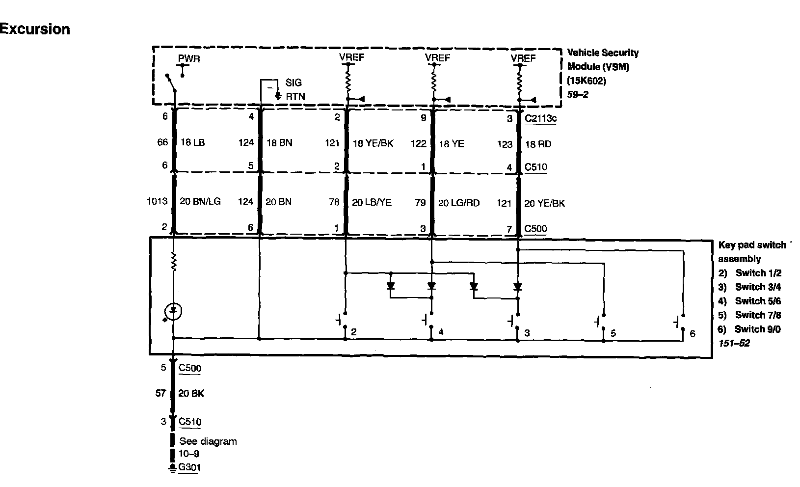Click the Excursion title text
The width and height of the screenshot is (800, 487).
coord(35,29)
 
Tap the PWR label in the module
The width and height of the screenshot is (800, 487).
coord(189,59)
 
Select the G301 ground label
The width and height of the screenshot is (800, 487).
coord(189,467)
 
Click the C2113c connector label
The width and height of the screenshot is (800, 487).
coord(540,118)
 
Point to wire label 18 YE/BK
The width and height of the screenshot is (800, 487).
coord(373,143)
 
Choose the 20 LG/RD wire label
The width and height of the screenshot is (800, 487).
coord(458,203)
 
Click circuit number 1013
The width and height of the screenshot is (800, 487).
coord(157,201)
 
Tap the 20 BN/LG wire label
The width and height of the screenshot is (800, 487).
coord(200,202)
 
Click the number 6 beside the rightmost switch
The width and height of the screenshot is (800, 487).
coord(693,334)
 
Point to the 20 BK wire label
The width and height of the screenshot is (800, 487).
coord(191,393)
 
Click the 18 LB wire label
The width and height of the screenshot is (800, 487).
coord(193,143)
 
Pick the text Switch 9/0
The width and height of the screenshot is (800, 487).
coord(757,329)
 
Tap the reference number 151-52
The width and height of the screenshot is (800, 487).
coord(734,343)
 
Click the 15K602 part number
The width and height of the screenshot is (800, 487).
coord(586,81)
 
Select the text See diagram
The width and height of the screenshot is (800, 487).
coord(208,441)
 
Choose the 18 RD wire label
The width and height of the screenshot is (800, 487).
coord(538,144)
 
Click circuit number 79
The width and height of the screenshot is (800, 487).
coord(420,202)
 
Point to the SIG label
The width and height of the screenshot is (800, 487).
coord(293,83)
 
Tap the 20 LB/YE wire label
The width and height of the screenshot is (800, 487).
coord(372,202)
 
